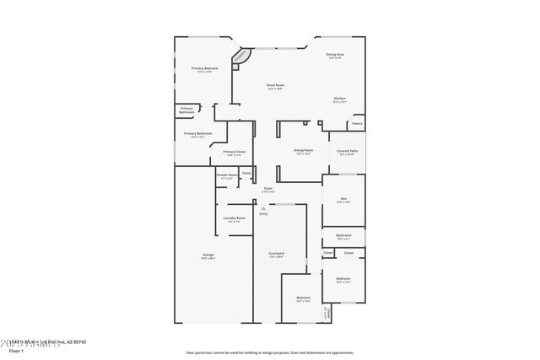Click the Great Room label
point(276,86)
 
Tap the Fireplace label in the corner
point(240,56)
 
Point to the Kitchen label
point(339,99)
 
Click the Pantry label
point(357,123)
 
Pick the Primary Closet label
point(234,152)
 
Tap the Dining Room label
point(304,151)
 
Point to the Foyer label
point(267,189)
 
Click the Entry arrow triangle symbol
point(263,207)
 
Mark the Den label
point(343,199)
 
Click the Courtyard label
point(276,254)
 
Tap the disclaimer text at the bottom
point(269,352)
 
